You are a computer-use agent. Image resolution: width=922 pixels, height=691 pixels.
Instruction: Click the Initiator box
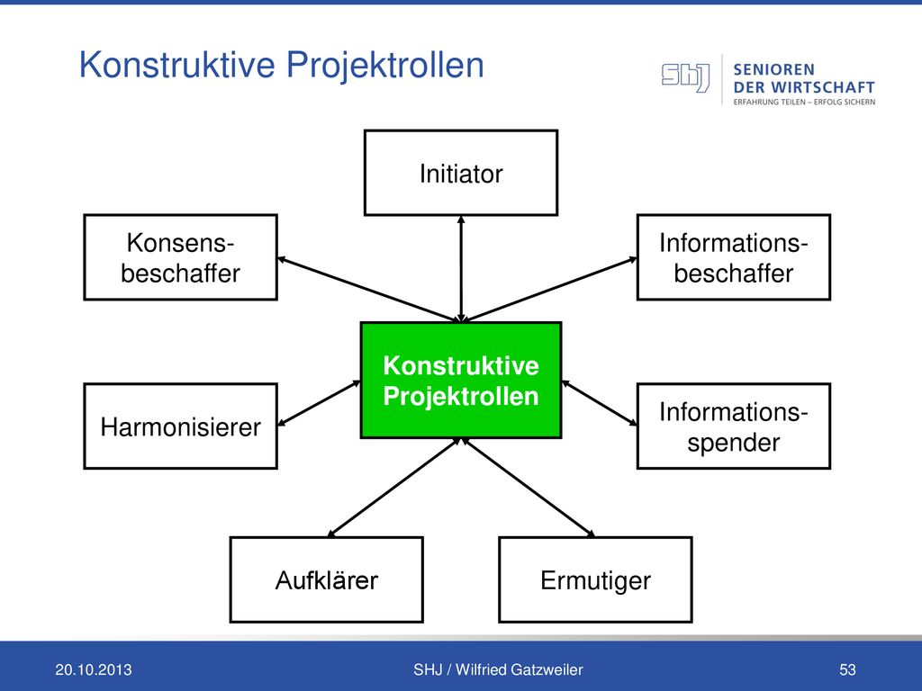coord(461,173)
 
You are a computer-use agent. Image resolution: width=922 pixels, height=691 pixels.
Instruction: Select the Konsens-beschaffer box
coord(180,257)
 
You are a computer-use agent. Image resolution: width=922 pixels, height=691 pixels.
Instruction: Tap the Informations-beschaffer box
coord(734,257)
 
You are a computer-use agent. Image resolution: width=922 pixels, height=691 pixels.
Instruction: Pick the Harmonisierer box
coord(180,426)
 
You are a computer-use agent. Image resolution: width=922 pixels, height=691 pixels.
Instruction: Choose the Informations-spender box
coord(734,426)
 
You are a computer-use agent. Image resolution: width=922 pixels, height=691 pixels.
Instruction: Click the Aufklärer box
coord(326,579)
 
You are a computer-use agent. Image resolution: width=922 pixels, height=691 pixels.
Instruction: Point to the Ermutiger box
coord(596,579)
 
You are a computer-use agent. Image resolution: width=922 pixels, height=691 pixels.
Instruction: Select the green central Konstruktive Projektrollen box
coord(461,381)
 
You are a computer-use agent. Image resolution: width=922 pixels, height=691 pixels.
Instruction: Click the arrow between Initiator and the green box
coord(461,269)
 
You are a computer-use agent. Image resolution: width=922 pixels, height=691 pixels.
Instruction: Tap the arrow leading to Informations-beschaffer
coord(552,289)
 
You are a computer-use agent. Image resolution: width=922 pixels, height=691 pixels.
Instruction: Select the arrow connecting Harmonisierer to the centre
coord(319,403)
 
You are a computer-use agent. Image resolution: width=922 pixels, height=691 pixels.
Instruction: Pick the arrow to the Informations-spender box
coord(599,403)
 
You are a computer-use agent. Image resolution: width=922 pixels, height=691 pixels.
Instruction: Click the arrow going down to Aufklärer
coord(393,487)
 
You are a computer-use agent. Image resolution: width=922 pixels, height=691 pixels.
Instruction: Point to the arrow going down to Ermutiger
coord(528,487)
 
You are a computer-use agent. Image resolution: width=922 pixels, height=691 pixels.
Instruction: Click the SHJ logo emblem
coord(685,77)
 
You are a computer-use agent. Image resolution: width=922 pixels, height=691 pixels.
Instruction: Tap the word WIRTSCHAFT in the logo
coord(823,87)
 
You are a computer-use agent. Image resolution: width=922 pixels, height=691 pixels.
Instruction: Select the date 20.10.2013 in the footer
coord(94,669)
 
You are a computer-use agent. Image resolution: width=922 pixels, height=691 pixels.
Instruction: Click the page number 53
coord(847,669)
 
